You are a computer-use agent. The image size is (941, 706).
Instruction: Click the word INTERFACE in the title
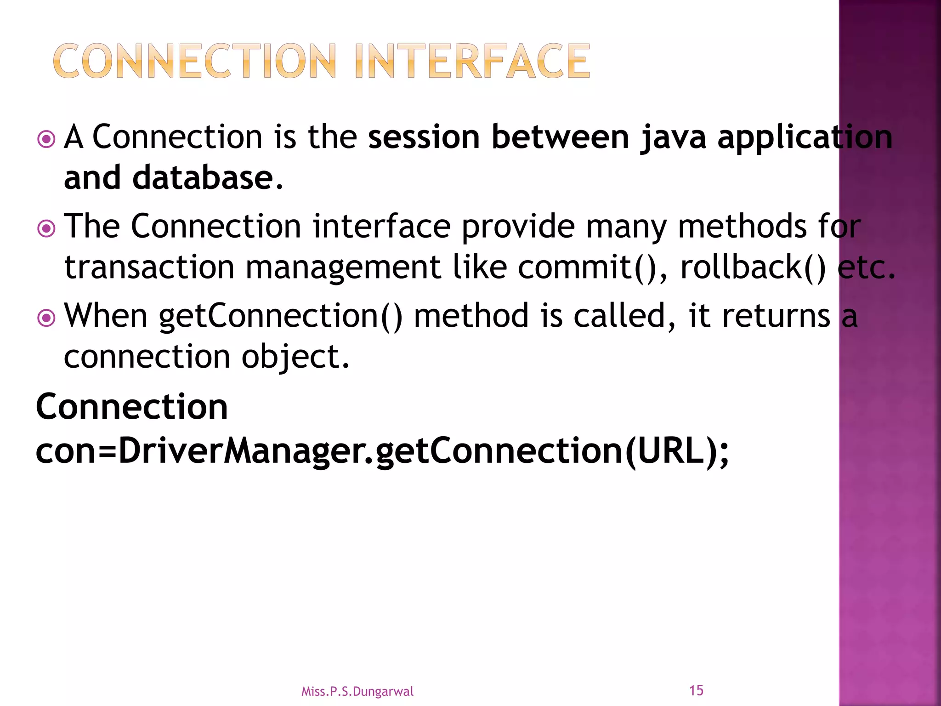click(472, 61)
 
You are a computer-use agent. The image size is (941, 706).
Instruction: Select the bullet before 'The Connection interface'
click(46, 228)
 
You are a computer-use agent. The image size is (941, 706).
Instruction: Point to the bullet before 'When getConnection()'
click(46, 318)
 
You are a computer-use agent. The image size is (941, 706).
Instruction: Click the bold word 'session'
click(424, 137)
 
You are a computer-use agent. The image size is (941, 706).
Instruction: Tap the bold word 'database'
click(203, 178)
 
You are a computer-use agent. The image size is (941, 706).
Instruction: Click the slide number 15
click(696, 690)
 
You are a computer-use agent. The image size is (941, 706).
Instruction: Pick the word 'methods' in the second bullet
click(742, 227)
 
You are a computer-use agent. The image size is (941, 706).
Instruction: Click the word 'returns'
click(776, 316)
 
